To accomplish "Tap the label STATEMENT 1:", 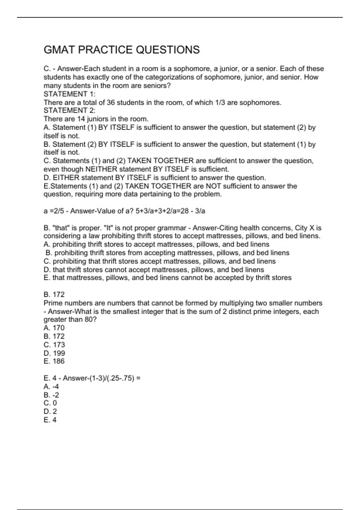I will pyautogui.click(x=70, y=94).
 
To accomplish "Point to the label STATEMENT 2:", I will pyautogui.click(x=70, y=110).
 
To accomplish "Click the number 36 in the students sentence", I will pyautogui.click(x=111, y=103).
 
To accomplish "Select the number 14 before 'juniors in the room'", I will pyautogui.click(x=81, y=119).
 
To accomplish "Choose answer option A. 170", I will pyautogui.click(x=54, y=328).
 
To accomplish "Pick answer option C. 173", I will pyautogui.click(x=54, y=345).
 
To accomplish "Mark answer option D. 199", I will pyautogui.click(x=54, y=353).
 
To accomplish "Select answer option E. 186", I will pyautogui.click(x=54, y=361).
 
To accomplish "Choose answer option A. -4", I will pyautogui.click(x=51, y=386).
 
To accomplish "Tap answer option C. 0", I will pyautogui.click(x=50, y=403).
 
